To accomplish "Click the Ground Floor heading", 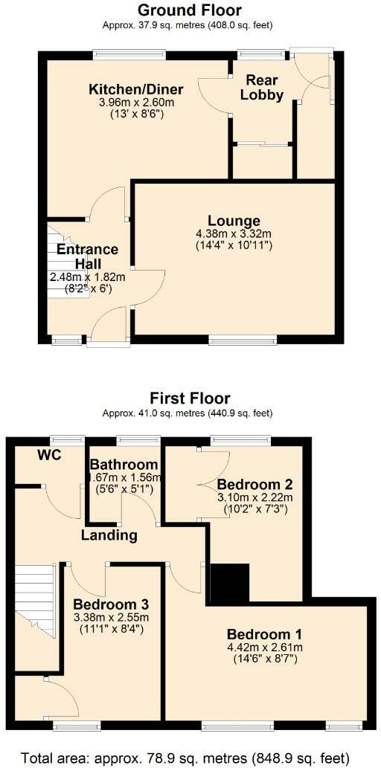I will (x=190, y=10).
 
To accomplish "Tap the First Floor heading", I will (x=190, y=398).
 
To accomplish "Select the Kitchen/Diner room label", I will (x=136, y=89).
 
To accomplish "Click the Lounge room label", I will (x=234, y=221).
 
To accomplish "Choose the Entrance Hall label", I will (x=88, y=256).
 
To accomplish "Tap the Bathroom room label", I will (x=124, y=465).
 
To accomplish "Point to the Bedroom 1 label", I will (x=264, y=634).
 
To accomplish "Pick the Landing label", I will (x=109, y=535).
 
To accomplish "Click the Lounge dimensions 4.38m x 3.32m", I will (x=234, y=233).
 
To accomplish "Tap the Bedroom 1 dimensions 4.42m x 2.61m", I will (x=264, y=648).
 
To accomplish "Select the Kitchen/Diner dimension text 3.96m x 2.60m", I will (x=136, y=103).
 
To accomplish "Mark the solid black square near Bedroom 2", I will (x=228, y=582).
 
